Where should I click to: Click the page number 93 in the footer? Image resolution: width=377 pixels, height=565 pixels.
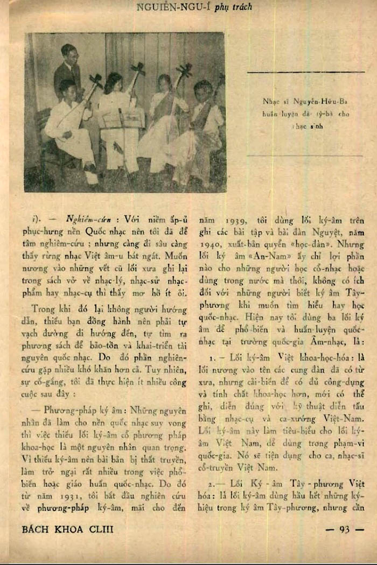[x=345, y=529]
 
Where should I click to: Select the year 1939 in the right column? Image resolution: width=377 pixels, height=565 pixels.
[x=223, y=220]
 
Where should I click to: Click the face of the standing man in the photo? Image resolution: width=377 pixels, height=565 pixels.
[x=69, y=54]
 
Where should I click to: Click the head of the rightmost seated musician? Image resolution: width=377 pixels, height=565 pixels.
[x=203, y=88]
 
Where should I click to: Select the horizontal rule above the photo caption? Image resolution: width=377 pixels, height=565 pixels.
[x=305, y=72]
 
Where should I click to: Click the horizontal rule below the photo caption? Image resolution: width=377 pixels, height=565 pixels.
[x=305, y=156]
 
